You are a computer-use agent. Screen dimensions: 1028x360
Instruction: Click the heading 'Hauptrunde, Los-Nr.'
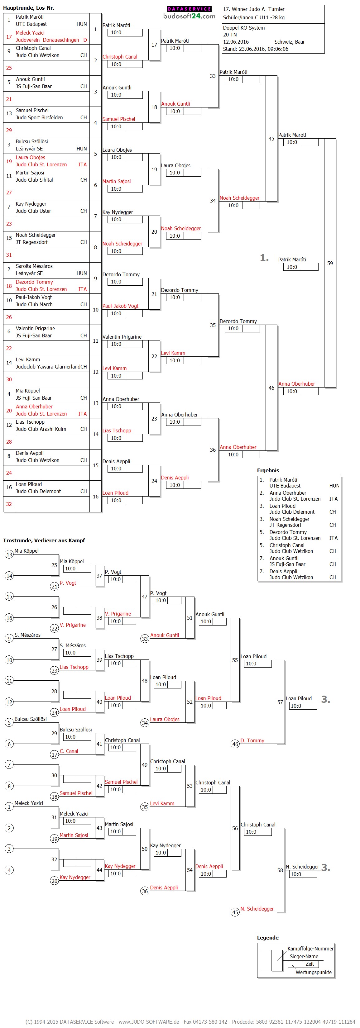[x=29, y=7]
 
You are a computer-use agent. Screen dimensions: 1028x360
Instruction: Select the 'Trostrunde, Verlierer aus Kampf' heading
[x=44, y=540]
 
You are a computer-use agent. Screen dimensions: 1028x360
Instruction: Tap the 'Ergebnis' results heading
[x=268, y=470]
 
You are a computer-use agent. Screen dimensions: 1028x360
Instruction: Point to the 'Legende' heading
[x=268, y=937]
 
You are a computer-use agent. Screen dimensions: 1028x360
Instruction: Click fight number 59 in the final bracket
[x=330, y=263]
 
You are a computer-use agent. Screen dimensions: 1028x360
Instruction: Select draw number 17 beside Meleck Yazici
[x=9, y=37]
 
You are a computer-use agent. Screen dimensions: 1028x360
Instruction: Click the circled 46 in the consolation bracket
[x=235, y=744]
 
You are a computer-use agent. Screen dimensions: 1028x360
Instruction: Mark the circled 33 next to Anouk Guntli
[x=145, y=639]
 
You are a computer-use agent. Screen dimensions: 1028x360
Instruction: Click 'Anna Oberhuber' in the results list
[x=288, y=493]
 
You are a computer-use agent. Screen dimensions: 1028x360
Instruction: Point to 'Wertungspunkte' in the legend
[x=314, y=972]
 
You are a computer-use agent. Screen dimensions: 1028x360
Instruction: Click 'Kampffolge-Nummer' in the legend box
[x=310, y=949]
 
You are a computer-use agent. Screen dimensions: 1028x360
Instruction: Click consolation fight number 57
[x=280, y=702]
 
